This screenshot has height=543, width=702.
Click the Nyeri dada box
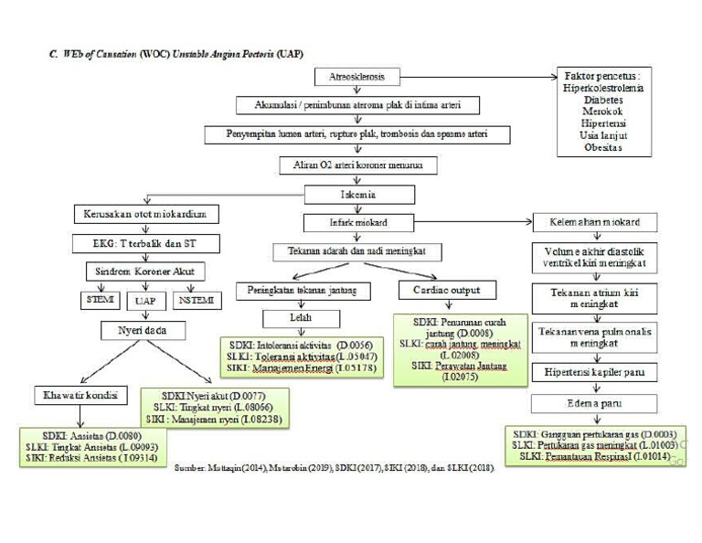(x=146, y=330)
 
